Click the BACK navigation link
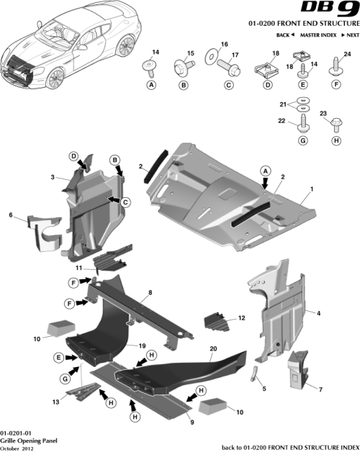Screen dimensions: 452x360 point(284,35)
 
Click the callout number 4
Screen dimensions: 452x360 point(319,312)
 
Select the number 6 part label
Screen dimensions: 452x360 point(10,214)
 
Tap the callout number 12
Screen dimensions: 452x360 point(241,317)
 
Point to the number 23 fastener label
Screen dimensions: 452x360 point(323,114)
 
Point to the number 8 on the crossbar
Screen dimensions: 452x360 point(150,292)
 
